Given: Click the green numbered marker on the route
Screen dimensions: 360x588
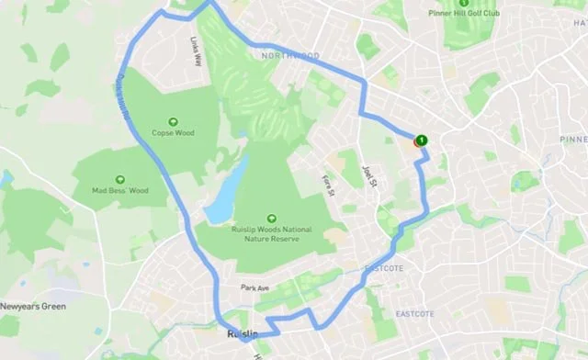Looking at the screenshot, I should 421,141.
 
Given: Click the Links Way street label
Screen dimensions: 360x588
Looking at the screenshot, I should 196,51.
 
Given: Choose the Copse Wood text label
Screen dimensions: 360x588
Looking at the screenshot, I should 172,133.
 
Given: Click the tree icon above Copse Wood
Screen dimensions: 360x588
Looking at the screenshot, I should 172,120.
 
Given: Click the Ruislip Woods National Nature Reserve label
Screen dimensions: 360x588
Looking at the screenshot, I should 271,235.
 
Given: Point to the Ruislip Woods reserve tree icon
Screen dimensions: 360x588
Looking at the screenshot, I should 272,219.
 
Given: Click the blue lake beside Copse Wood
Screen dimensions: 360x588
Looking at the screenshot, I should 225,193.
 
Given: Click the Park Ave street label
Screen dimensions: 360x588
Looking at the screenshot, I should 254,288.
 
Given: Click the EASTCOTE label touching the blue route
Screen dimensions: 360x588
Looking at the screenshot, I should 385,268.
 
